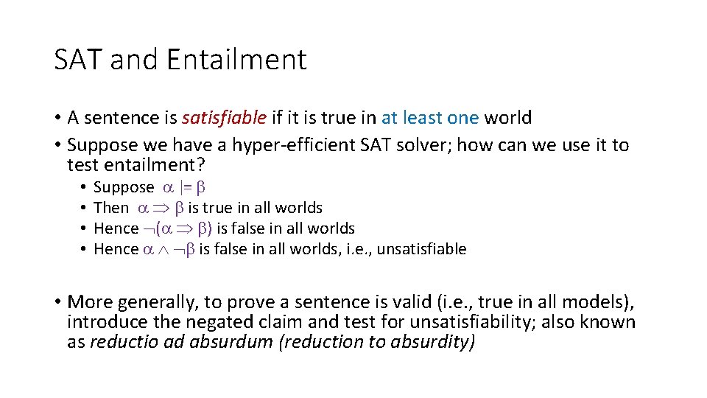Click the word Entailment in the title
click(236, 60)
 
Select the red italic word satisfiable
click(225, 118)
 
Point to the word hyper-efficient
click(295, 145)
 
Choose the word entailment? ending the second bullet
click(136, 165)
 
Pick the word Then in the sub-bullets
click(111, 209)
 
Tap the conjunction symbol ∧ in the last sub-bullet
click(166, 249)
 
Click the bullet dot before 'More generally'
click(57, 302)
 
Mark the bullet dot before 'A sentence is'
click(57, 118)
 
